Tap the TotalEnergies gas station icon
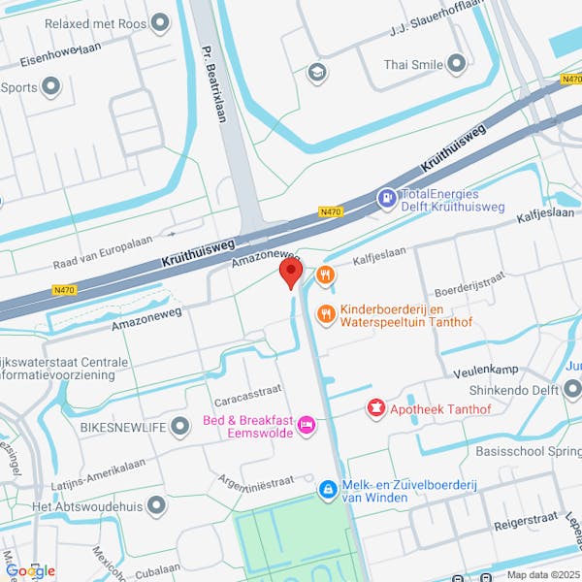coord(387,199)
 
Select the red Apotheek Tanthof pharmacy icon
coord(374,408)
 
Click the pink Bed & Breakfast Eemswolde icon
coord(307,425)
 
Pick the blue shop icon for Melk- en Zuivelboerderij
coord(329,490)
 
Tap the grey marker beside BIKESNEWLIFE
coord(179,426)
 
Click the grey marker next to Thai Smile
coord(457,65)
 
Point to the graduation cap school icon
coord(316,73)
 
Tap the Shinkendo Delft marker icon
coord(571,391)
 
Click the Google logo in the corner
coord(30,570)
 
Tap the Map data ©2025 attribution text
coord(542,574)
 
